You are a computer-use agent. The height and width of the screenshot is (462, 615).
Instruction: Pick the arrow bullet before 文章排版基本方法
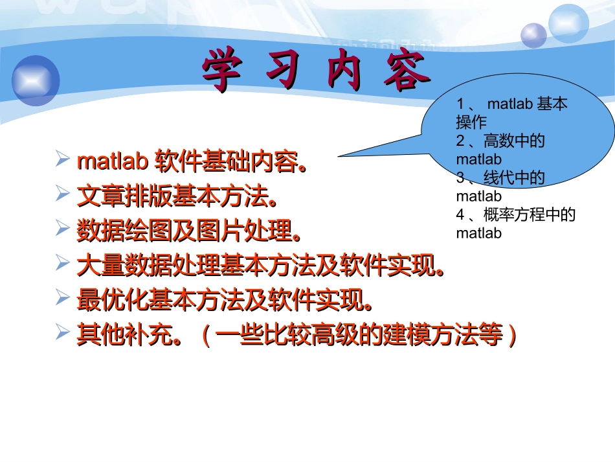(63, 193)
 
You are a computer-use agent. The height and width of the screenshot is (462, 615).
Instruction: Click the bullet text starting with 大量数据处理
(259, 264)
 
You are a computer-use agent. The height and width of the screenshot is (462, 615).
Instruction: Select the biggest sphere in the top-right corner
(568, 23)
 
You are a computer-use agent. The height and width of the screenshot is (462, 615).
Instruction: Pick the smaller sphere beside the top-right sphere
(534, 35)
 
